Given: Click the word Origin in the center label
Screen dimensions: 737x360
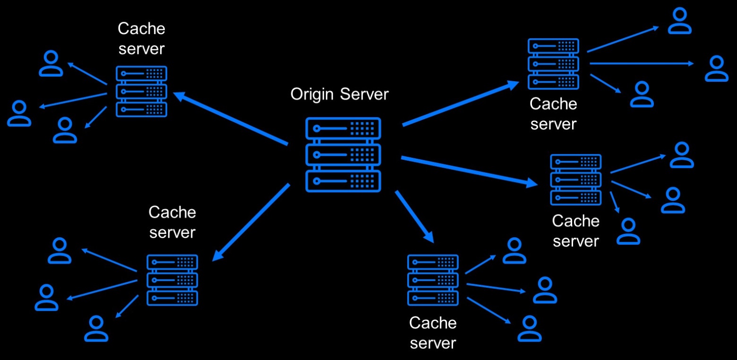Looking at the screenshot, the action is (312, 94).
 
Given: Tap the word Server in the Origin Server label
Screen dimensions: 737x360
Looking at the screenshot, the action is (364, 94).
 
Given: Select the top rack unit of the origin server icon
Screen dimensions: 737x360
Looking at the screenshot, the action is (343, 129).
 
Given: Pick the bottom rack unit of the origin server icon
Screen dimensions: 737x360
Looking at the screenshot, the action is (343, 181).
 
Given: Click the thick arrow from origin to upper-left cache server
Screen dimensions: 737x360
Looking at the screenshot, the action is (231, 118).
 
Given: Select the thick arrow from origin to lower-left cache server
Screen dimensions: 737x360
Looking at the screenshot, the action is (251, 223).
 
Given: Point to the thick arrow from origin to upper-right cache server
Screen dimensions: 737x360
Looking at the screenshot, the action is (461, 103).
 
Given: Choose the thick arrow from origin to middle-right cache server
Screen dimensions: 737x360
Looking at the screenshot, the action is (469, 171).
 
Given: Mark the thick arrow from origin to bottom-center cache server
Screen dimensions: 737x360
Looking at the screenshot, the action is (415, 216).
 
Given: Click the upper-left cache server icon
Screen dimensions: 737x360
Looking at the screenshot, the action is (141, 92).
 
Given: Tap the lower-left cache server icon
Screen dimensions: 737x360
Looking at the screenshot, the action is (172, 280).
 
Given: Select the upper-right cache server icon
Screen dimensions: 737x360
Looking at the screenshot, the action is (553, 64).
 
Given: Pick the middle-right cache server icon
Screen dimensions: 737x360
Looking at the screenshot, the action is (576, 180).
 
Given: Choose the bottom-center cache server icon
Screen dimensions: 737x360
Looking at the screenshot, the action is (433, 280).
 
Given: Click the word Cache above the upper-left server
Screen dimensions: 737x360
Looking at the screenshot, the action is (141, 29).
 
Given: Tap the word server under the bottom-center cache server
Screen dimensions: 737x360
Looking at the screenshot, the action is (433, 343).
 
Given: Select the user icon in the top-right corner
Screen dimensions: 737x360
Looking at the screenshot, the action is (680, 21).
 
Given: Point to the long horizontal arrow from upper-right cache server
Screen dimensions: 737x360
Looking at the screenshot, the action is (642, 63).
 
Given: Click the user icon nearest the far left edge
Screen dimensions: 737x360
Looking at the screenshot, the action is (19, 113).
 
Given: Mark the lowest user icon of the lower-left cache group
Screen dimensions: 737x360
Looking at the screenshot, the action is (96, 328).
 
